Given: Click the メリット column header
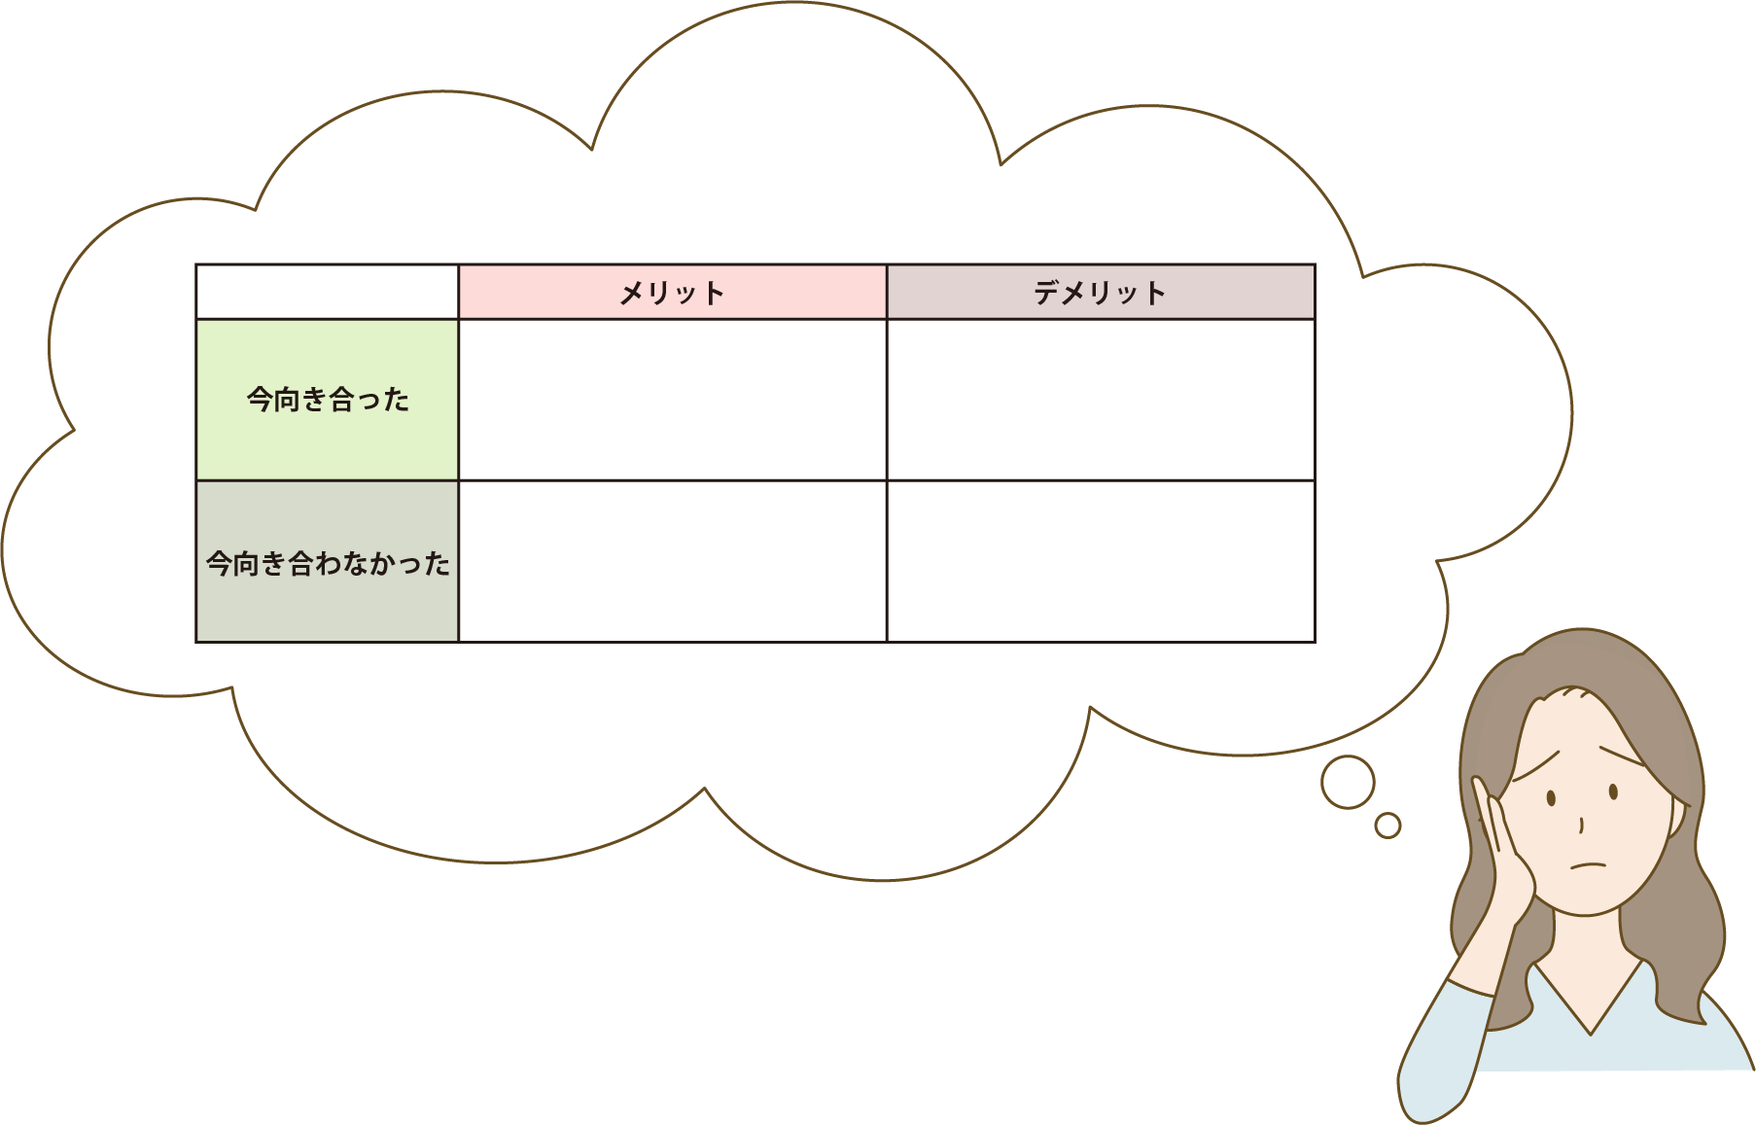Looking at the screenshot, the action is click(x=672, y=292).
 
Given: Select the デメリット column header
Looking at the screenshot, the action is click(x=1101, y=292).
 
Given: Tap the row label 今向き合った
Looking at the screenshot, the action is click(x=327, y=400).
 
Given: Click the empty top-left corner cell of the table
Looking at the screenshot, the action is click(x=327, y=292).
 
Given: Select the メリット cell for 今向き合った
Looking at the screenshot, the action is click(x=672, y=400).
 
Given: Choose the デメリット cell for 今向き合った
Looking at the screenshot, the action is click(x=1101, y=400).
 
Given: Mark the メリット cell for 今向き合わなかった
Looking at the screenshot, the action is click(x=672, y=561).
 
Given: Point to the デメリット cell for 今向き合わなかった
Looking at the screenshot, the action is click(x=1101, y=561).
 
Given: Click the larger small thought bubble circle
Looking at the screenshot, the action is click(x=1348, y=782).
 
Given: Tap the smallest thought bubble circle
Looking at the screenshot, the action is click(x=1387, y=826).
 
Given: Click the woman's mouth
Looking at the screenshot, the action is click(x=1589, y=865).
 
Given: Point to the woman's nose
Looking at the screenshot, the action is click(x=1582, y=825).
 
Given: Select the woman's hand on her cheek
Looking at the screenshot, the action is click(x=1502, y=856).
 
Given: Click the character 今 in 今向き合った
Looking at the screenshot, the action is click(x=260, y=400).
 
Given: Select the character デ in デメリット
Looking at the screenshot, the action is click(x=1047, y=293).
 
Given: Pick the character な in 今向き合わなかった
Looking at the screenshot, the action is click(x=356, y=563).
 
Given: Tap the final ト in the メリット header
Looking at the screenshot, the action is click(x=714, y=293).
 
